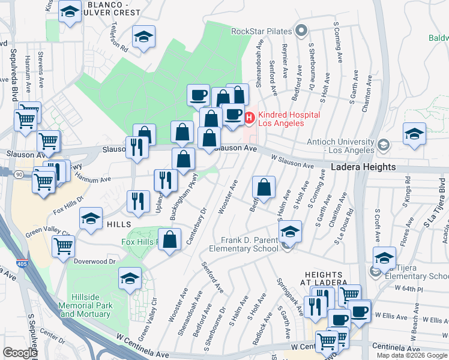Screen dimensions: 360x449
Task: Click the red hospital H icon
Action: [250, 115]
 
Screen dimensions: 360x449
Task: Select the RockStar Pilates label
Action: [262, 31]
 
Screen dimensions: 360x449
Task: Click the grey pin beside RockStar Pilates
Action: [302, 31]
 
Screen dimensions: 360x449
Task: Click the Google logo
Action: [20, 353]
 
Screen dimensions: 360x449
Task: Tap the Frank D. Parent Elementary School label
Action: [243, 244]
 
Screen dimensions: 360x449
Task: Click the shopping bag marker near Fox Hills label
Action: [170, 239]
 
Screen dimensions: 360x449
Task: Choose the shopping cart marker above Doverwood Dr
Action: [64, 245]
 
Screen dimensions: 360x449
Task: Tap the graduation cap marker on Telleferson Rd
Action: [143, 37]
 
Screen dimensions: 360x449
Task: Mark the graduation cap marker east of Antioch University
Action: [414, 134]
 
